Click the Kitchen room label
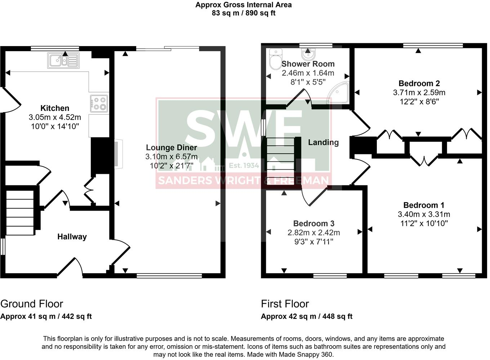tap(55, 108)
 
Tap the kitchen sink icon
tap(63, 60)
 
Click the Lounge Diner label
tap(171, 148)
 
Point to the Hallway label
tap(72, 237)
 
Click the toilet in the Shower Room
tap(276, 59)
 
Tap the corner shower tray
tap(340, 93)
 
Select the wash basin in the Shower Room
tap(308, 54)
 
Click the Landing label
tap(323, 142)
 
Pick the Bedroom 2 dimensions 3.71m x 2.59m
tap(419, 93)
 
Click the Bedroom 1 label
tap(424, 205)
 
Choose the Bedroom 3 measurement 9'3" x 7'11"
tap(313, 242)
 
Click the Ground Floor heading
tap(32, 304)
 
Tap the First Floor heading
tap(285, 304)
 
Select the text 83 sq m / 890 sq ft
tap(244, 13)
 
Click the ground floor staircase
tap(21, 213)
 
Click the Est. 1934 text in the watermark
tap(244, 166)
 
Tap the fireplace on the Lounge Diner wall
tap(118, 154)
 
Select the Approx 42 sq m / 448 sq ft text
tap(306, 316)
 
